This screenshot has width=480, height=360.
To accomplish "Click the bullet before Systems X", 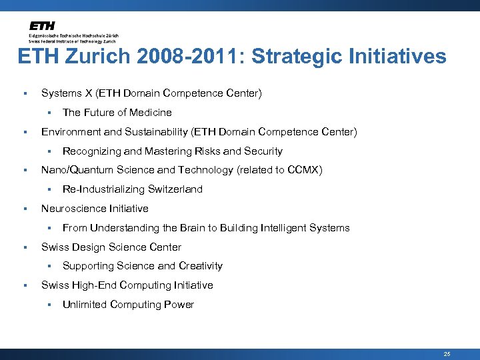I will point(25,94).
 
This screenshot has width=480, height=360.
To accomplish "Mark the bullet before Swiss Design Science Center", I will point(25,247).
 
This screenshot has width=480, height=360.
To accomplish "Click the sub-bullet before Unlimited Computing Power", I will point(49,305).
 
